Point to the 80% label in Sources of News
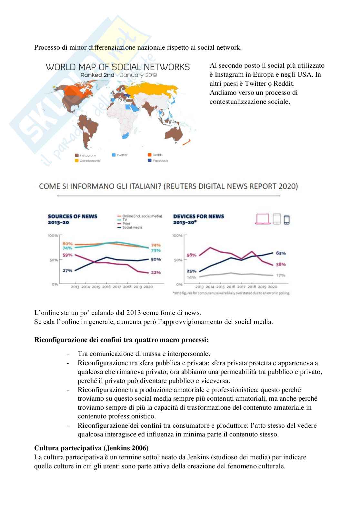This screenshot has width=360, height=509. [x=67, y=244]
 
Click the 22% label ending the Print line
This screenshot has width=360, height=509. [x=156, y=272]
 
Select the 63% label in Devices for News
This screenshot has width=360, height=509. [x=281, y=253]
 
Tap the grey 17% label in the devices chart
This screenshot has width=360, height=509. [x=281, y=275]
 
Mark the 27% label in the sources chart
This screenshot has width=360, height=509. [x=67, y=271]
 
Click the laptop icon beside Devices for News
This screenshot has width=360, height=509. [x=263, y=219]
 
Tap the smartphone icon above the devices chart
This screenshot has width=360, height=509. [x=286, y=219]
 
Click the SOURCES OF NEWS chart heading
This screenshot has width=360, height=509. [x=73, y=216]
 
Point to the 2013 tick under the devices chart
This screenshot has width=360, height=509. [x=200, y=287]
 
